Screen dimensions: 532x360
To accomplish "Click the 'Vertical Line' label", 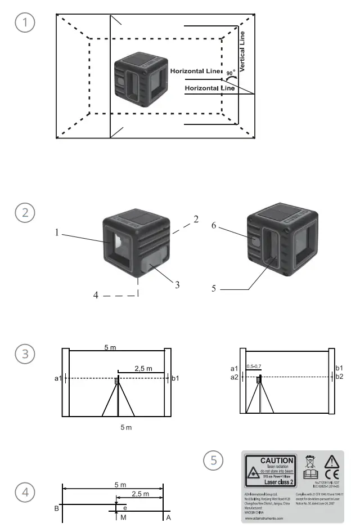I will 242,51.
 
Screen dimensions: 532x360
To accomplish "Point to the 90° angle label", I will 231,73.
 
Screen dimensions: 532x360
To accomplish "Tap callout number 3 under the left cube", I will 177,285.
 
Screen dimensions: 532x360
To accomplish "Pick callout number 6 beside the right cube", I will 214,225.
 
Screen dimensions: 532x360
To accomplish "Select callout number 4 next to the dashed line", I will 96,295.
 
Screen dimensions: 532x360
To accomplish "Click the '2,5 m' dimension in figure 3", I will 143,369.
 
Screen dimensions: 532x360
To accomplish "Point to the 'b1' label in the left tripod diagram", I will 175,379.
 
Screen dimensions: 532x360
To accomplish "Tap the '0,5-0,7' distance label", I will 255,367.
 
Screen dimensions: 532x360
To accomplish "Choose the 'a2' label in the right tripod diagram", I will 234,377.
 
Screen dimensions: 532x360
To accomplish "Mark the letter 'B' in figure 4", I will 56,508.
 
